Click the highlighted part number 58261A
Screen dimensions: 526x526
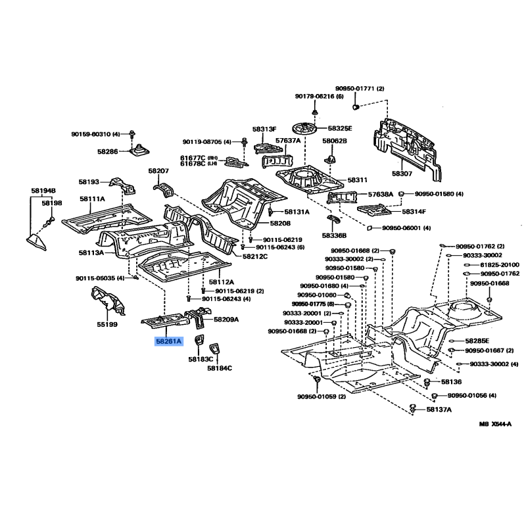click(169, 341)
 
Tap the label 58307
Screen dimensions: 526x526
click(402, 174)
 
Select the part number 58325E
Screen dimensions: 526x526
click(340, 128)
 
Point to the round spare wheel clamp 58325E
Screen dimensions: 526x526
click(304, 128)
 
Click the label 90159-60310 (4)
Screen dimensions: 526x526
click(95, 134)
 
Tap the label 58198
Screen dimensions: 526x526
click(52, 203)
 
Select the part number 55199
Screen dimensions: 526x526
click(107, 324)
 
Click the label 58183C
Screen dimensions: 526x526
click(201, 359)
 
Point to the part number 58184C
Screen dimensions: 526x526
click(220, 368)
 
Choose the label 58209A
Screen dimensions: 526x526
click(226, 320)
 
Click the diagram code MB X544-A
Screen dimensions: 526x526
click(495, 424)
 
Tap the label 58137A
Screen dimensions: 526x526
click(439, 409)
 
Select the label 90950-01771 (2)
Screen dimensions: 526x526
click(360, 89)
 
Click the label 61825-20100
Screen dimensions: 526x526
click(500, 265)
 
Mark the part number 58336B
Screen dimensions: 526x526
click(334, 235)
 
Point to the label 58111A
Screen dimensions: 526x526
click(92, 199)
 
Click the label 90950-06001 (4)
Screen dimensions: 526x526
click(406, 228)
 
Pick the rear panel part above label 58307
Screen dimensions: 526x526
click(407, 148)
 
